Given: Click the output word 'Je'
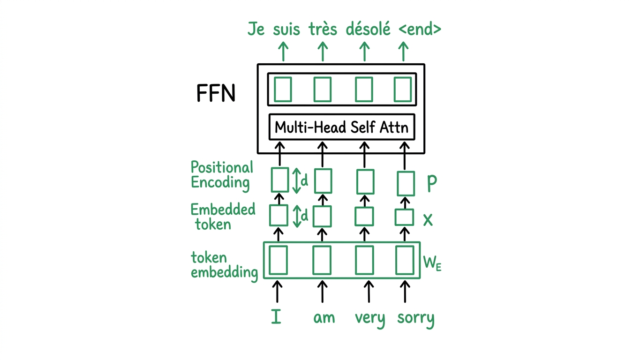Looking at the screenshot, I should click(x=256, y=30).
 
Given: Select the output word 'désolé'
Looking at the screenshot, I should click(x=368, y=29).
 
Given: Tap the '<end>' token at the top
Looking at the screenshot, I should click(x=420, y=29).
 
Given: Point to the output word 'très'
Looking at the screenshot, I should click(x=323, y=29).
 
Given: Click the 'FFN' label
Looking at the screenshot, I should click(x=215, y=94).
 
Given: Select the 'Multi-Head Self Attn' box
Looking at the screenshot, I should click(x=341, y=127).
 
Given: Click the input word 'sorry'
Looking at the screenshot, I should click(x=415, y=318).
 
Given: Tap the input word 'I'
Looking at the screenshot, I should click(x=277, y=317).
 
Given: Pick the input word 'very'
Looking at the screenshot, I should click(x=369, y=318).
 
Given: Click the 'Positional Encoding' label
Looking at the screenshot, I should click(x=221, y=175).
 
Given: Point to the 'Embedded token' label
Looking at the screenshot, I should click(x=223, y=217).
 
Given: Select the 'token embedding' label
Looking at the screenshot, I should click(x=224, y=265).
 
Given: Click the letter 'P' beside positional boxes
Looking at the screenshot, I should click(x=431, y=184).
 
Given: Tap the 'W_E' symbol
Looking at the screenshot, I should click(x=432, y=263).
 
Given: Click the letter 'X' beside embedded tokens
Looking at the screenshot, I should click(x=428, y=219).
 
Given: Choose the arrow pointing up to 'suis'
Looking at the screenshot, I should click(x=323, y=51).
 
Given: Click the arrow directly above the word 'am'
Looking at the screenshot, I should click(x=322, y=291).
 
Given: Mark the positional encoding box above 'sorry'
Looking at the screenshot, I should click(x=406, y=183).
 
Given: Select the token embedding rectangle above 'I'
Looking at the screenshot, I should click(x=278, y=260).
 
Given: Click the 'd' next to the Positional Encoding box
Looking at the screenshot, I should click(x=304, y=180).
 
